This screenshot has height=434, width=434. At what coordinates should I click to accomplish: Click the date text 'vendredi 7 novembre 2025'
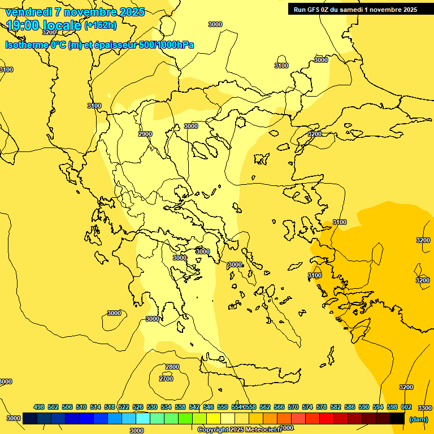75,12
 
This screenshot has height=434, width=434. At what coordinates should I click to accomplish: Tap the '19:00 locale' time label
44,25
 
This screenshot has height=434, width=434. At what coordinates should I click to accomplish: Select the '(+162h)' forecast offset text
101,25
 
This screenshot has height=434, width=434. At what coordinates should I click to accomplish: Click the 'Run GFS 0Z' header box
355,9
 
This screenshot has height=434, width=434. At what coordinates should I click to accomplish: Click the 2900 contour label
145,134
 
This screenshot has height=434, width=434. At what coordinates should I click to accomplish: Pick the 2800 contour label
172,367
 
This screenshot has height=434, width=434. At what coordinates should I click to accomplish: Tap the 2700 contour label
166,379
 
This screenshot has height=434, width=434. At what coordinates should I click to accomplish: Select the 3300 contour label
424,408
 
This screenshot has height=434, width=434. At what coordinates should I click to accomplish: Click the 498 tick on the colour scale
39,407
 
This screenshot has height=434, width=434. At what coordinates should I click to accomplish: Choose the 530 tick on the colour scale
152,407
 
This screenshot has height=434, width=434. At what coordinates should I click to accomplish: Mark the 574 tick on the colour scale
307,407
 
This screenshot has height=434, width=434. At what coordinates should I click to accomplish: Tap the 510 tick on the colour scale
81,407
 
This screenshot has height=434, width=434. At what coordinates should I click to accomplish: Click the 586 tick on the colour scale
350,407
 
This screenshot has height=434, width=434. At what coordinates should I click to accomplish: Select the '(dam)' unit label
418,419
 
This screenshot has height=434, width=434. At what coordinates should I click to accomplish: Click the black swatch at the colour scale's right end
397,419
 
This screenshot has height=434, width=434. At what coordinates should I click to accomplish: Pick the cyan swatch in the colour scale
142,419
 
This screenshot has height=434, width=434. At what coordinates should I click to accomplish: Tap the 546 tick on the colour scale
209,407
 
